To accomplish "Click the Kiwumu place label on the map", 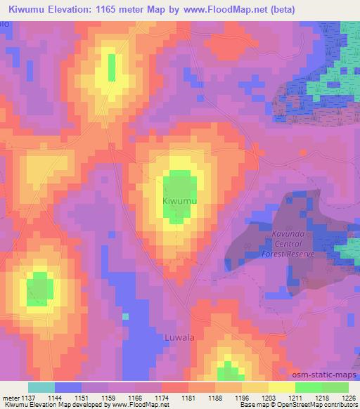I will click(x=179, y=201).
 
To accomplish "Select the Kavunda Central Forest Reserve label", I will click(x=288, y=245).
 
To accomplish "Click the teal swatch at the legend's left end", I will click(x=41, y=387).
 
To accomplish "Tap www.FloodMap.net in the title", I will click(x=226, y=9).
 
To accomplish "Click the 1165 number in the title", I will click(x=128, y=9).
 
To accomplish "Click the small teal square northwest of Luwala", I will click(x=125, y=316).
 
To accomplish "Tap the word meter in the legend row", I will click(x=10, y=397).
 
